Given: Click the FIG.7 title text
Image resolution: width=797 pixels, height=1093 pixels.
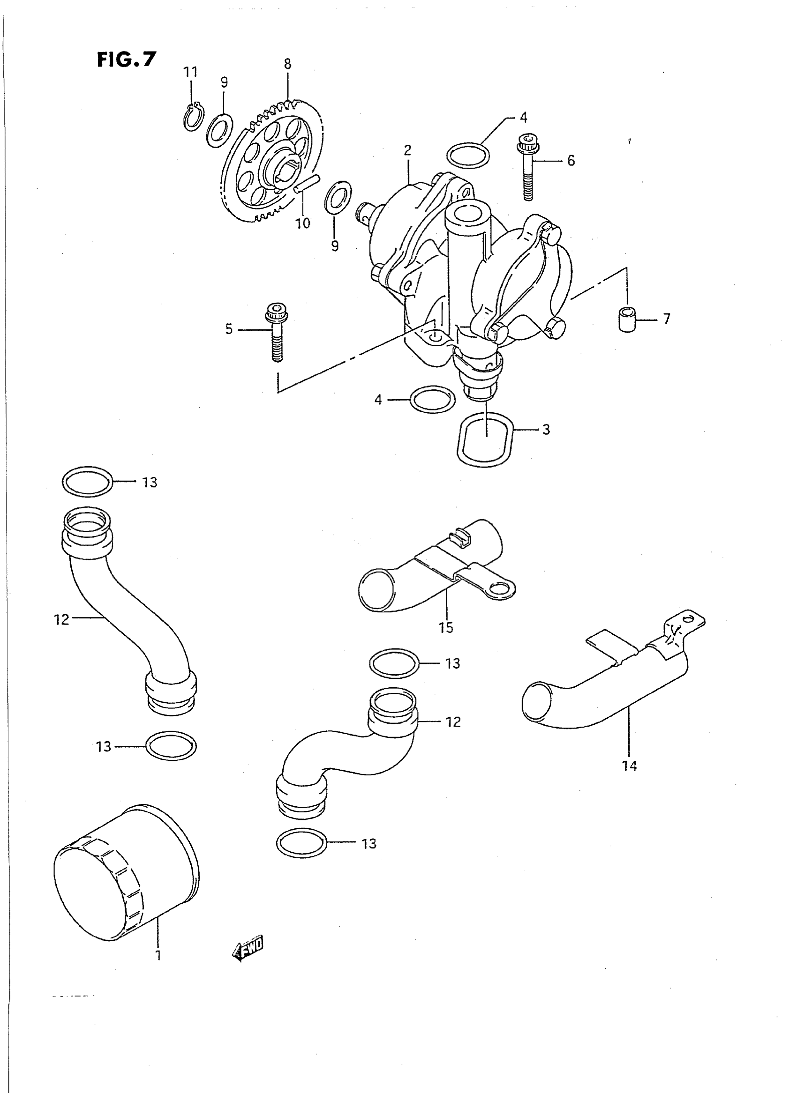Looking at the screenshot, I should pyautogui.click(x=127, y=60).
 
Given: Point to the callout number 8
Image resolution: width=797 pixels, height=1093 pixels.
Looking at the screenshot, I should pyautogui.click(x=287, y=64).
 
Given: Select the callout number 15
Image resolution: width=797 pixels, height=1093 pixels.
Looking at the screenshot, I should pyautogui.click(x=446, y=627).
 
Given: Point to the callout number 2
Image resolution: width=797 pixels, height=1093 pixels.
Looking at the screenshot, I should pyautogui.click(x=408, y=150).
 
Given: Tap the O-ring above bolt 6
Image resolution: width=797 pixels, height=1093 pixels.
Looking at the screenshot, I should pyautogui.click(x=468, y=155).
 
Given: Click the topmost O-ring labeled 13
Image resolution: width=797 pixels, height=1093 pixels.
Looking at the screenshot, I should pyautogui.click(x=87, y=481).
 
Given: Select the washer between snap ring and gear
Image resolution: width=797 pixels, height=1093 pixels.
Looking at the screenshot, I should pyautogui.click(x=219, y=130).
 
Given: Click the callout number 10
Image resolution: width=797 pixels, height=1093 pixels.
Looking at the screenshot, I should pyautogui.click(x=303, y=223).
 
